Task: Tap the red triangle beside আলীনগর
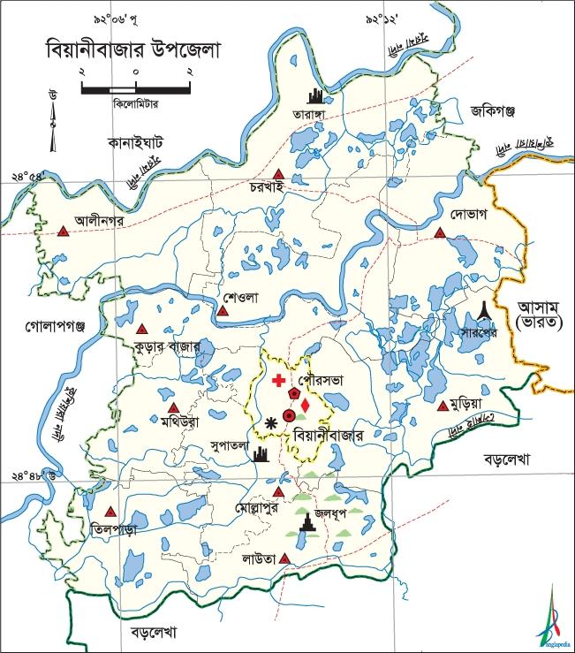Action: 63,232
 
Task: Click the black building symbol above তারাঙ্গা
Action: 314,95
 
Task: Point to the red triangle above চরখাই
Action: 279,174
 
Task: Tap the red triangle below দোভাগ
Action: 440,233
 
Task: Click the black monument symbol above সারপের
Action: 482,308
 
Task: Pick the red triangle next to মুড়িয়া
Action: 443,406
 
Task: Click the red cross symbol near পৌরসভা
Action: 279,381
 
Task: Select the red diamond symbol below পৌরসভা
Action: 305,406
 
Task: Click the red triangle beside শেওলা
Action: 223,311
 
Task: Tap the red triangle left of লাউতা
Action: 284,558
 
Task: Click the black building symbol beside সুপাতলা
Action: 260,455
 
